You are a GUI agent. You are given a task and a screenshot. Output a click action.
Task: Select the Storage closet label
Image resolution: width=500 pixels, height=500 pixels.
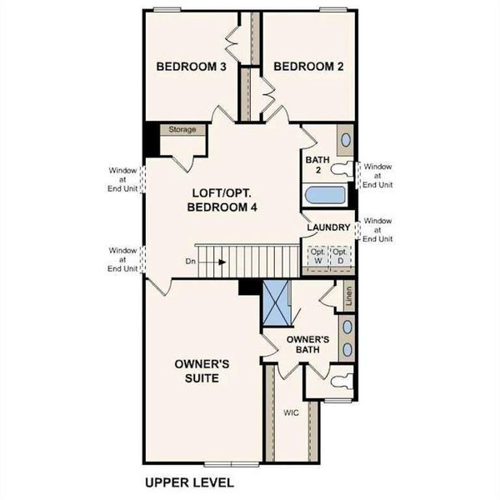[182, 130]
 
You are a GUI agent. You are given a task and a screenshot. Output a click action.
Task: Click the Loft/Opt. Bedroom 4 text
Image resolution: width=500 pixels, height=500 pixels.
[221, 200]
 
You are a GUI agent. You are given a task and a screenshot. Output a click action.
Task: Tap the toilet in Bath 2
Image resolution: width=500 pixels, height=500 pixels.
[342, 170]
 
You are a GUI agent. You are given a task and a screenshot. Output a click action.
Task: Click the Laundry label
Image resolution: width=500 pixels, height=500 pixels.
[327, 227]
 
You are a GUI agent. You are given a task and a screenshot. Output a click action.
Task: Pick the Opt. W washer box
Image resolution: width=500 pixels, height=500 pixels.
[317, 257]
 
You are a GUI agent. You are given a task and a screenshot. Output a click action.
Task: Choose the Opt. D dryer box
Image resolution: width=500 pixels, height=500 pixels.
[339, 257]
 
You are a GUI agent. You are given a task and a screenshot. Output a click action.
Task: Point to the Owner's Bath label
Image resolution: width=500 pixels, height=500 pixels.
[309, 344]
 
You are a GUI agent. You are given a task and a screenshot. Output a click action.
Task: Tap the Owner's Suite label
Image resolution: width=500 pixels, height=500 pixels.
[197, 371]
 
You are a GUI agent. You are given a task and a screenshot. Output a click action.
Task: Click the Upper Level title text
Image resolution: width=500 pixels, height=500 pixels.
[189, 482]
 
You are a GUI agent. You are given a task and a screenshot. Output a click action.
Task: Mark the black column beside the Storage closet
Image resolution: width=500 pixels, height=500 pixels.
[150, 139]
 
